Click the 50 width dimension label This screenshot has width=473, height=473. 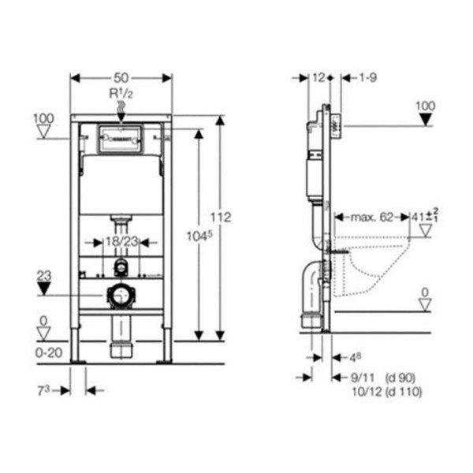pos(121,78)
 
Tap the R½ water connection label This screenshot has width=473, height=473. pos(121,94)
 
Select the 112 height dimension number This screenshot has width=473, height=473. pos(221,218)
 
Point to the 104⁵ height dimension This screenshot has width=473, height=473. pos(199,236)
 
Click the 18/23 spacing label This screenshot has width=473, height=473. pos(121,242)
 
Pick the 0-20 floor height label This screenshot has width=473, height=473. pos(49,352)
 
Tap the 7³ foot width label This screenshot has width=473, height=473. pos(43,391)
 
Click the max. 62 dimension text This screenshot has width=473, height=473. pos(371,218)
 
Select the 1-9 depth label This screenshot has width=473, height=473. pos(368,78)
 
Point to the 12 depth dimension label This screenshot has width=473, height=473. pos(318,78)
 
